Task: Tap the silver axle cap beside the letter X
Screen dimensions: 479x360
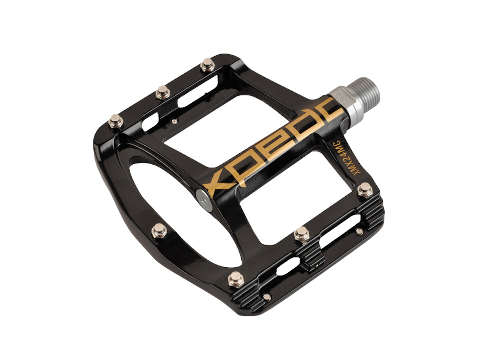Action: (204, 200)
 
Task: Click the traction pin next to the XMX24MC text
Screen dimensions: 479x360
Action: (365, 189)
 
